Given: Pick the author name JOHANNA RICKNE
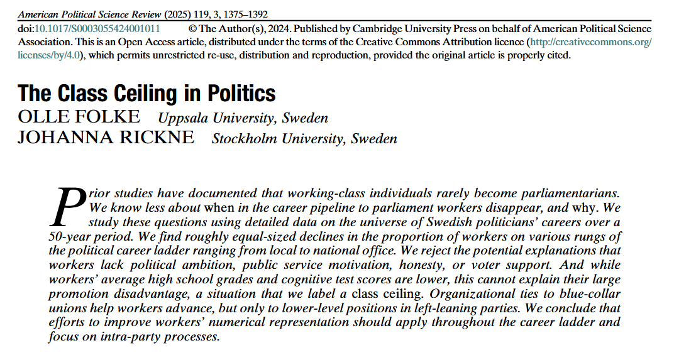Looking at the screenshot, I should (x=106, y=138).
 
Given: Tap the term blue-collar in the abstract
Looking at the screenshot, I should (x=583, y=293).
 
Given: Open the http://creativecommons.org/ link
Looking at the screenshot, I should (x=590, y=41).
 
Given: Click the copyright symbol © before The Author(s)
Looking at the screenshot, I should (x=192, y=29).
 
